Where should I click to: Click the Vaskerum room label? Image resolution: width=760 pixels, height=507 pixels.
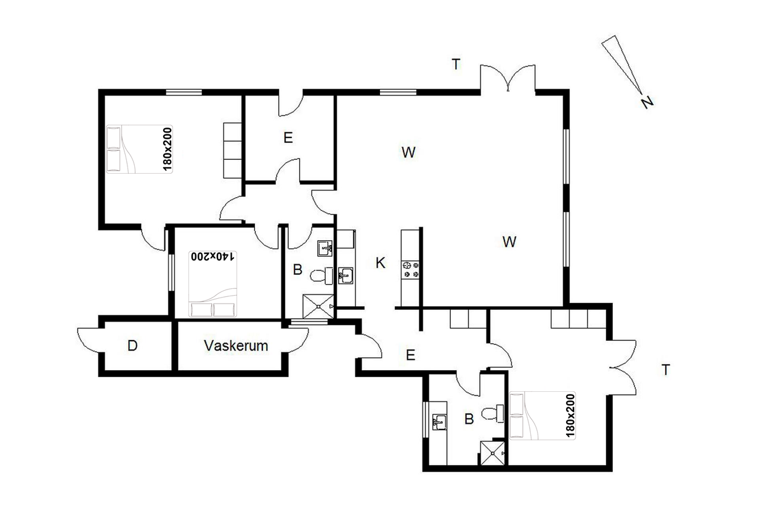pos(236,346)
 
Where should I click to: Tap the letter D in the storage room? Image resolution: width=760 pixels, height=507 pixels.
pos(132,346)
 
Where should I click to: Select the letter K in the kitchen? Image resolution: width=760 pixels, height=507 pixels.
pos(381,262)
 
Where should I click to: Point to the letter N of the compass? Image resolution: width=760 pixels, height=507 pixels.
pos(647,102)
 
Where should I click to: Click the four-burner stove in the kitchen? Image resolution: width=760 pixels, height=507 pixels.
pos(411,270)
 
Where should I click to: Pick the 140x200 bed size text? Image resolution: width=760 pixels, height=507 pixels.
pos(212,256)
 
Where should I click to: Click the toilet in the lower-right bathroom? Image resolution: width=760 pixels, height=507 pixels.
pos(493,414)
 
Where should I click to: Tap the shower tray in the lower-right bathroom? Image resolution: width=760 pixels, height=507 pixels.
pos(492,453)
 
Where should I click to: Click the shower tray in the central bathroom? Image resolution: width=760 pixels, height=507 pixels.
pos(318,306)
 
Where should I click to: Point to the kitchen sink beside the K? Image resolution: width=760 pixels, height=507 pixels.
pos(346,275)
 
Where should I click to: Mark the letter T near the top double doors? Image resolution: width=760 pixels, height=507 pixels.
pos(456,64)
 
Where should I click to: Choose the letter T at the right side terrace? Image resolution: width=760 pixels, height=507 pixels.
pos(666,370)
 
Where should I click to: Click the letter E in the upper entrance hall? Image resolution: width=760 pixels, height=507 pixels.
pos(288,138)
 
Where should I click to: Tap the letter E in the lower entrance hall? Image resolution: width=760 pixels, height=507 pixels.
pos(411,355)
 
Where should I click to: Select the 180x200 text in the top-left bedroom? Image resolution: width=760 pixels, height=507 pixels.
pos(168,149)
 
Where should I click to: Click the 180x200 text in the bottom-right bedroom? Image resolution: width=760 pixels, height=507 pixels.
pos(570,416)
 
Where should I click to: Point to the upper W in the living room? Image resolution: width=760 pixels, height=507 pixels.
pos(408,152)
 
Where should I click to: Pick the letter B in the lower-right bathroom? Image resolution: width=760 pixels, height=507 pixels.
pos(469,419)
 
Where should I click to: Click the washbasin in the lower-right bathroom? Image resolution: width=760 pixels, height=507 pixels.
pos(439,422)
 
